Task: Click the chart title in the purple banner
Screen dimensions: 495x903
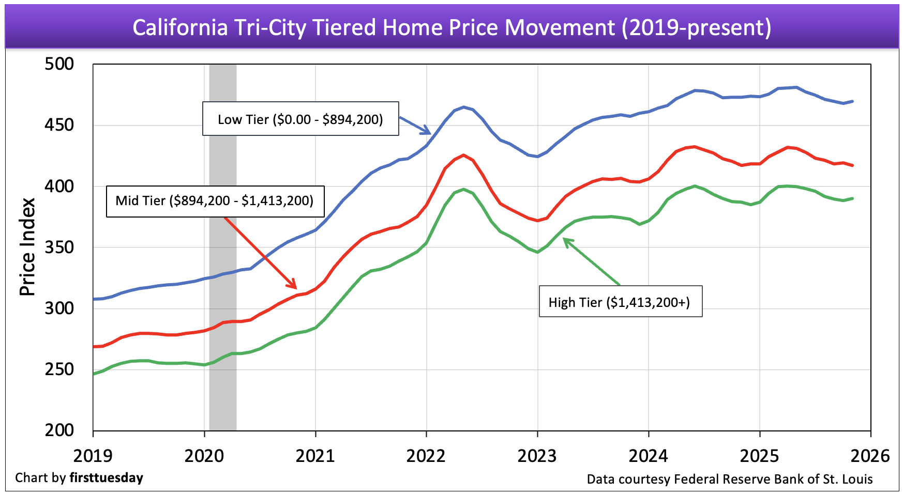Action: pyautogui.click(x=452, y=27)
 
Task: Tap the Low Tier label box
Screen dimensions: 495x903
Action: pyautogui.click(x=300, y=119)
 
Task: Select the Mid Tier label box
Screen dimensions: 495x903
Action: pyautogui.click(x=215, y=200)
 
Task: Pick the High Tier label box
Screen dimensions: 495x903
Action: pyautogui.click(x=620, y=302)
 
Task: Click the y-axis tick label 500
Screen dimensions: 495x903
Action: pyautogui.click(x=59, y=64)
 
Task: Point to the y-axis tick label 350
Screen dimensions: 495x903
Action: pyautogui.click(x=59, y=247)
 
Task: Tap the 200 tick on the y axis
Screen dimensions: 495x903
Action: pyautogui.click(x=59, y=430)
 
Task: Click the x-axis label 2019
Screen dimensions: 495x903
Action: pyautogui.click(x=93, y=456)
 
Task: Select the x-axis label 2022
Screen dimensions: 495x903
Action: pyautogui.click(x=426, y=456)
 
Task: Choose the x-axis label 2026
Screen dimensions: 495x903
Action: pyautogui.click(x=870, y=456)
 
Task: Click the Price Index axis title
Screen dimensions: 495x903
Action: pyautogui.click(x=27, y=247)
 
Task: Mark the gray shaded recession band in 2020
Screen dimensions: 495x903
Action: pyautogui.click(x=223, y=247)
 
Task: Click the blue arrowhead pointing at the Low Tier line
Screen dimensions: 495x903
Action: pyautogui.click(x=428, y=131)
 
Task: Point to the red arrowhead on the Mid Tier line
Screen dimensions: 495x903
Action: pyautogui.click(x=293, y=285)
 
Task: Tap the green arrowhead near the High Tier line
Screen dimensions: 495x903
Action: pyautogui.click(x=566, y=241)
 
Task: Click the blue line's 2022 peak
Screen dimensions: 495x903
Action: pyautogui.click(x=463, y=107)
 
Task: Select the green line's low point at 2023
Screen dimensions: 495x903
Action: pyautogui.click(x=538, y=252)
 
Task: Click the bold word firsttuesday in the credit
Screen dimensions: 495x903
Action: pyautogui.click(x=107, y=478)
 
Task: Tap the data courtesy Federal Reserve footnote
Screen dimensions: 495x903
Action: pyautogui.click(x=729, y=479)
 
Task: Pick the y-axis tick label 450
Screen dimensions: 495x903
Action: pyautogui.click(x=59, y=125)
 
